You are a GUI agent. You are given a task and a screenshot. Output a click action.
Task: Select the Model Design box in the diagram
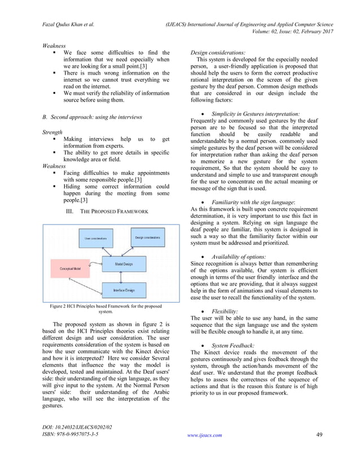(123, 263)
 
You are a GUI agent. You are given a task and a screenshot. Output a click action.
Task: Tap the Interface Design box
(123, 290)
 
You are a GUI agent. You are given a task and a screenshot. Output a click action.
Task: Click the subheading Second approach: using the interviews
(93, 117)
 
